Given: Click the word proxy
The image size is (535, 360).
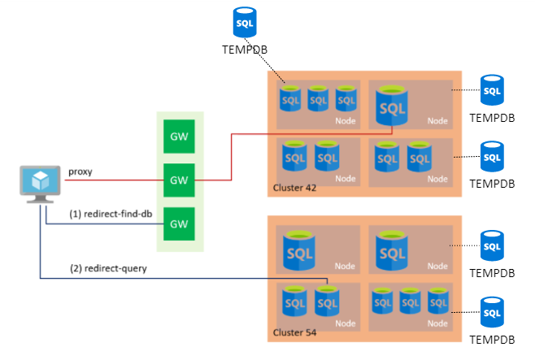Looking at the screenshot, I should click(x=80, y=171).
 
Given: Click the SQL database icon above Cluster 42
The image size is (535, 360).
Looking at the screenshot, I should click(x=244, y=24).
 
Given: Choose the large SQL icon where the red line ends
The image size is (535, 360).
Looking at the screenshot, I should click(x=392, y=105).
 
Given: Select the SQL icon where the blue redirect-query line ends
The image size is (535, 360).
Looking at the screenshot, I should click(x=327, y=302).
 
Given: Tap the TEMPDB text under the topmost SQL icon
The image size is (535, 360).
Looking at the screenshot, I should click(x=245, y=50).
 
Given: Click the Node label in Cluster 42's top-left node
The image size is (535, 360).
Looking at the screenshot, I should click(x=345, y=121).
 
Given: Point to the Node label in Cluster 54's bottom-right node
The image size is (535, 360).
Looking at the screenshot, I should click(x=437, y=323).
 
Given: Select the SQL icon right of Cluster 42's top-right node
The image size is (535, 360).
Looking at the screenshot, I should click(x=492, y=90).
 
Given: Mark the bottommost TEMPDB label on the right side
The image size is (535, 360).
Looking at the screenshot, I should click(x=493, y=338).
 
